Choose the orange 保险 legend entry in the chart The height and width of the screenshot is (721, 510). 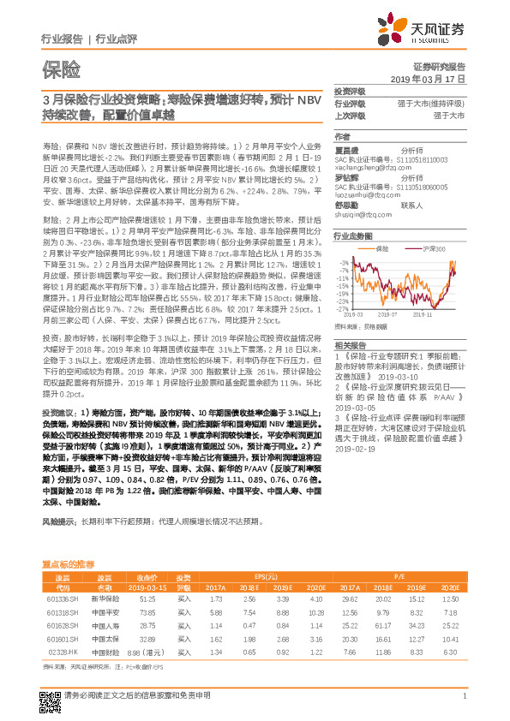pos(381,247)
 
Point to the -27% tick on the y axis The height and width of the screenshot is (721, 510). pos(344,308)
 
